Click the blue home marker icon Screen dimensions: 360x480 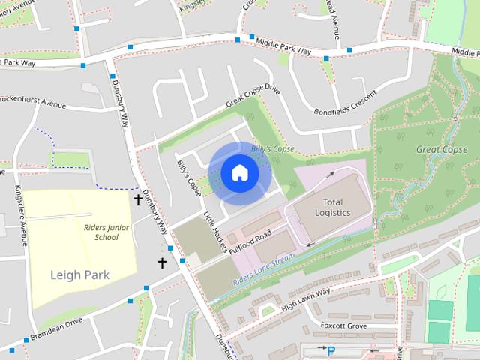(239, 173)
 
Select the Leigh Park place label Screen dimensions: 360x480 (79, 274)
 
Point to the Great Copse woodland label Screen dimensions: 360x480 (442, 149)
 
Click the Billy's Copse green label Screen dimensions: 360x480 (271, 148)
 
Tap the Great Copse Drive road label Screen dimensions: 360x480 (252, 98)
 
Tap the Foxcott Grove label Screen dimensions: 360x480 (343, 325)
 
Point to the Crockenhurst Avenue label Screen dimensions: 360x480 (33, 101)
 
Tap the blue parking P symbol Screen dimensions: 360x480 (331, 350)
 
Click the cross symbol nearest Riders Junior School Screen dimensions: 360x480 (138, 199)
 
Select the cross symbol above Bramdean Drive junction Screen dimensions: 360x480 (162, 262)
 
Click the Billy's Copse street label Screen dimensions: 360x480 (189, 177)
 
